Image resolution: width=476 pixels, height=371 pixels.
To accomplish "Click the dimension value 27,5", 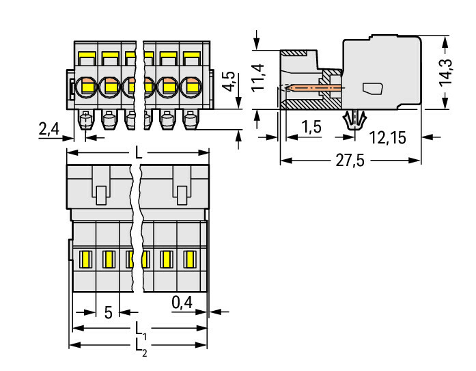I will [349, 161].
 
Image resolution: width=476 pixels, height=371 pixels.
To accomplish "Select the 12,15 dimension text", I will [387, 138].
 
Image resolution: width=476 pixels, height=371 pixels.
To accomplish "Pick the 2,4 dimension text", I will [48, 129].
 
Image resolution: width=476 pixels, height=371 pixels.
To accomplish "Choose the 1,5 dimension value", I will [311, 126].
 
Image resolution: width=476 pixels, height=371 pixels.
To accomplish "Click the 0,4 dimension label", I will [182, 301].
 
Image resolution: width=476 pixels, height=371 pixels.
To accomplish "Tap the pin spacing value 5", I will [108, 313].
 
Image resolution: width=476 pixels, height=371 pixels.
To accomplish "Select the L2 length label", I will [140, 346].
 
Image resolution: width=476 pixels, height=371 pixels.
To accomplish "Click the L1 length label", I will [139, 328].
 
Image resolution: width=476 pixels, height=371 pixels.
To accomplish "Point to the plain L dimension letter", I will [139, 154].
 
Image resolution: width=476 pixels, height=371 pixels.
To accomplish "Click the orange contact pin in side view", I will [313, 88].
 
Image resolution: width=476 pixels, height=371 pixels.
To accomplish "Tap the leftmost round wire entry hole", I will [87, 87].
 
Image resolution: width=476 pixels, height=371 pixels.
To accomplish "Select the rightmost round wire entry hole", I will [191, 87].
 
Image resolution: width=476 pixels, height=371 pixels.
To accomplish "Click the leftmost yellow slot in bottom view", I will [86, 260].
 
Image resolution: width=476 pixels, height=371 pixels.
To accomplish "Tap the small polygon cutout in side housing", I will [372, 89].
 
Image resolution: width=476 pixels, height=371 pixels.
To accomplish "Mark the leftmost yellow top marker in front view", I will [87, 55].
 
